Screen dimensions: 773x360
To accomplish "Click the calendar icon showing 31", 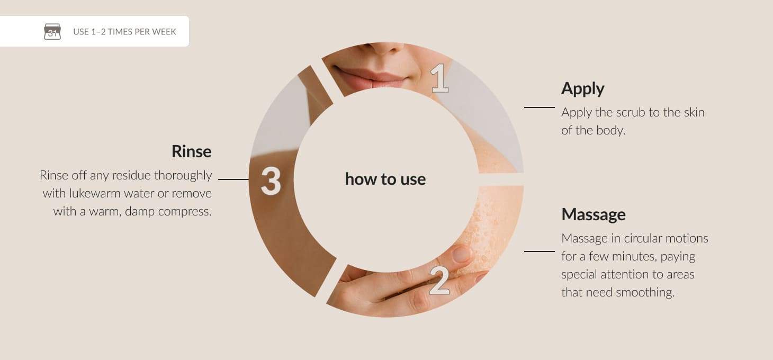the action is (52, 31).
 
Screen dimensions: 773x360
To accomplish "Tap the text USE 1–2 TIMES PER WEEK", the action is (124, 32).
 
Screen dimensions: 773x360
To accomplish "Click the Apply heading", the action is (582, 89).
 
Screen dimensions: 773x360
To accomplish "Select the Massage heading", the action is (594, 214).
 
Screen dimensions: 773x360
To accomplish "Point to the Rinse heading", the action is (192, 151).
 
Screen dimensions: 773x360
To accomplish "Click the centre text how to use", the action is (385, 179).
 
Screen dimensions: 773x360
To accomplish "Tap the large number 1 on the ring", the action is (439, 78).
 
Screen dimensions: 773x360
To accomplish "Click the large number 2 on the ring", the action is (439, 281).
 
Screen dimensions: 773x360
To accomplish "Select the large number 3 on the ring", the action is (271, 181).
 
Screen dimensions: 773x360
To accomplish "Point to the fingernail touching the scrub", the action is (462, 254).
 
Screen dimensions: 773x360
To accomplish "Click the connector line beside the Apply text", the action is (540, 107).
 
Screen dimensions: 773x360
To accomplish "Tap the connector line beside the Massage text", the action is (540, 251).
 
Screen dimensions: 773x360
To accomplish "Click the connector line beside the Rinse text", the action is (233, 179).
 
